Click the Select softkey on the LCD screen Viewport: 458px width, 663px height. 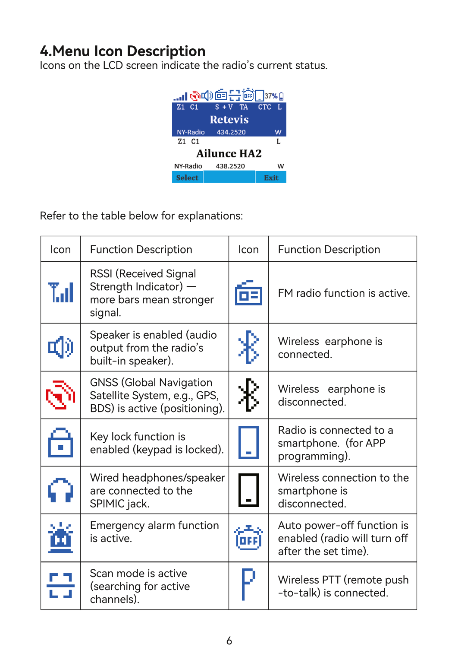point(187,178)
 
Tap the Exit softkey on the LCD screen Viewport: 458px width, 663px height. point(271,178)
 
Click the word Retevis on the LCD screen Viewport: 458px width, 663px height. point(229,120)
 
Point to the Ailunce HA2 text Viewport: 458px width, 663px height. point(229,154)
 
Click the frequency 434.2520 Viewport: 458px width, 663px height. point(231,132)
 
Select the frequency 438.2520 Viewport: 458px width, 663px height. point(230,166)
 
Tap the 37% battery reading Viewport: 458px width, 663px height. point(271,96)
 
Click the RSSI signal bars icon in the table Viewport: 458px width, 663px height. point(61,292)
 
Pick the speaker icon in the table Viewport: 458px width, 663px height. point(60,347)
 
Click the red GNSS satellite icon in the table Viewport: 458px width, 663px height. point(60,395)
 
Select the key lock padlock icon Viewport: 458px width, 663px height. point(60,442)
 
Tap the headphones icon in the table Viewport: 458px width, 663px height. point(60,490)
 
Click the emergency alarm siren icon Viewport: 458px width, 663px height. point(60,538)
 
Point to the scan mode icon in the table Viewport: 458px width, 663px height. point(60,586)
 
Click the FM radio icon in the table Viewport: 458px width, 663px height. point(248,293)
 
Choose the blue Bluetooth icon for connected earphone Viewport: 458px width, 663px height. point(248,347)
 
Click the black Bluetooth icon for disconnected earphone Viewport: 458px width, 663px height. point(248,395)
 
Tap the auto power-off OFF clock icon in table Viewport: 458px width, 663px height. point(248,538)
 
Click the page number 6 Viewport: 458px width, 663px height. point(229,641)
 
